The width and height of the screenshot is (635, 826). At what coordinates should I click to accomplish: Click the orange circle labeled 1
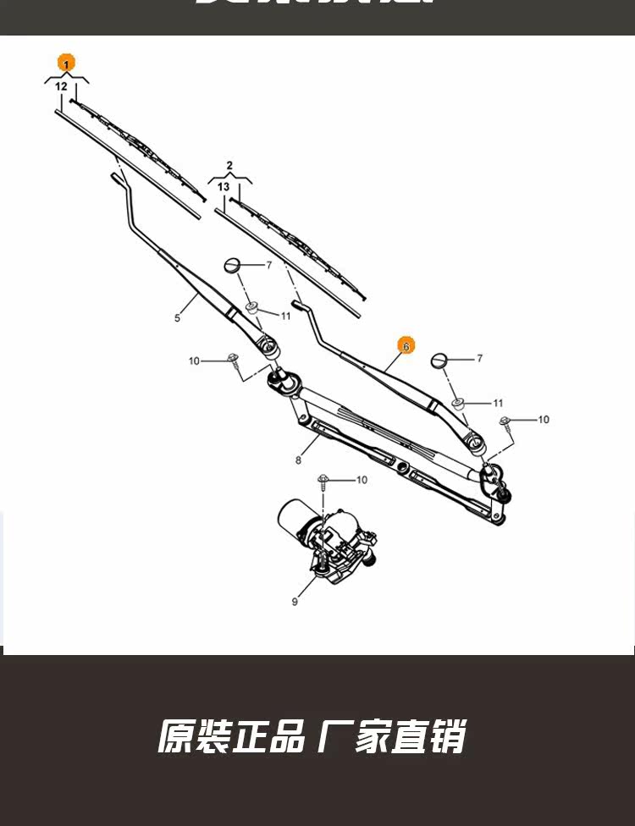tap(66, 63)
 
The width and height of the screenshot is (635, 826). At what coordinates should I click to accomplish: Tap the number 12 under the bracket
tap(61, 86)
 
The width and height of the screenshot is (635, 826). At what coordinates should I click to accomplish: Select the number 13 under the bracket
tap(224, 186)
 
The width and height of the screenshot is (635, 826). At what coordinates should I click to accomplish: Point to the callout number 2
tap(229, 165)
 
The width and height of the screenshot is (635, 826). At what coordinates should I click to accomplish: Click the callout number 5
tap(178, 318)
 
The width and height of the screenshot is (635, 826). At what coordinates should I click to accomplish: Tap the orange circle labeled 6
tap(406, 345)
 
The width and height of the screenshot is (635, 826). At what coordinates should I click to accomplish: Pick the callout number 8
tap(298, 460)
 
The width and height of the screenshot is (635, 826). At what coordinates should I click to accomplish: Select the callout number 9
tap(295, 602)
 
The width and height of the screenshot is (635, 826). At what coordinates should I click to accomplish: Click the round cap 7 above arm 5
tap(234, 267)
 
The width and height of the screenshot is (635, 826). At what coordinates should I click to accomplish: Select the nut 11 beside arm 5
tap(252, 306)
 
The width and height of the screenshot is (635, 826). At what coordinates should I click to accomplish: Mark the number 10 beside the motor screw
tap(362, 480)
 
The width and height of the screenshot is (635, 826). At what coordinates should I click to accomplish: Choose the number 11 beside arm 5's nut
tap(285, 316)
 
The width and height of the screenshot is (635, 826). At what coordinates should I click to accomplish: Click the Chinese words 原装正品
tap(231, 736)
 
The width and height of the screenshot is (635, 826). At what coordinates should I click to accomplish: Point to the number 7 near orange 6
tap(479, 359)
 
